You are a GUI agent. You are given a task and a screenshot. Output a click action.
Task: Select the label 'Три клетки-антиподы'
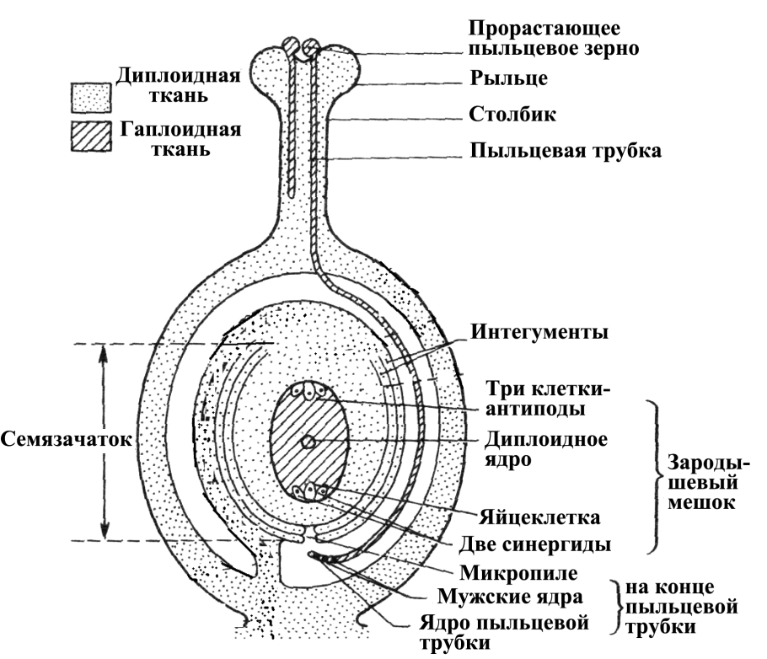(x=549, y=399)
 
